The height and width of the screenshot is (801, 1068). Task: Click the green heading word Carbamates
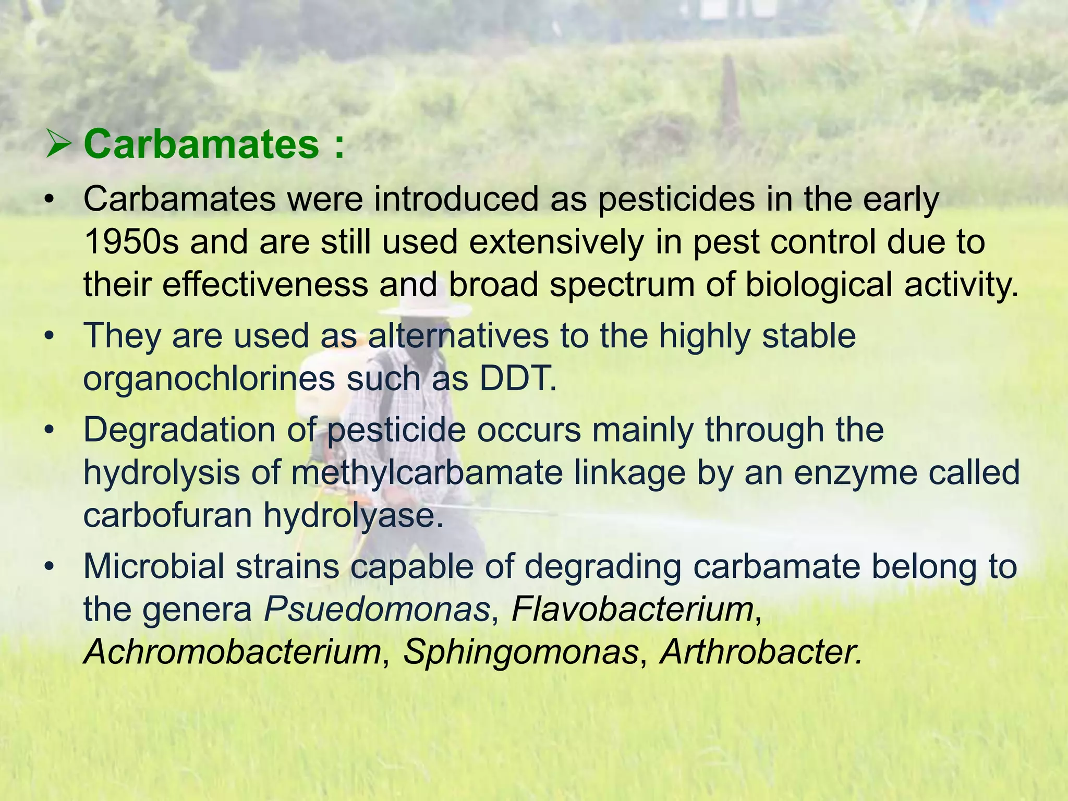(x=201, y=144)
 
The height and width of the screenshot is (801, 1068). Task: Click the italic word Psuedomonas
(x=377, y=609)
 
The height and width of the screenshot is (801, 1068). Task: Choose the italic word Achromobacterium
(x=233, y=652)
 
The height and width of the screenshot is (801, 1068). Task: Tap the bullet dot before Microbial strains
(x=50, y=567)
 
